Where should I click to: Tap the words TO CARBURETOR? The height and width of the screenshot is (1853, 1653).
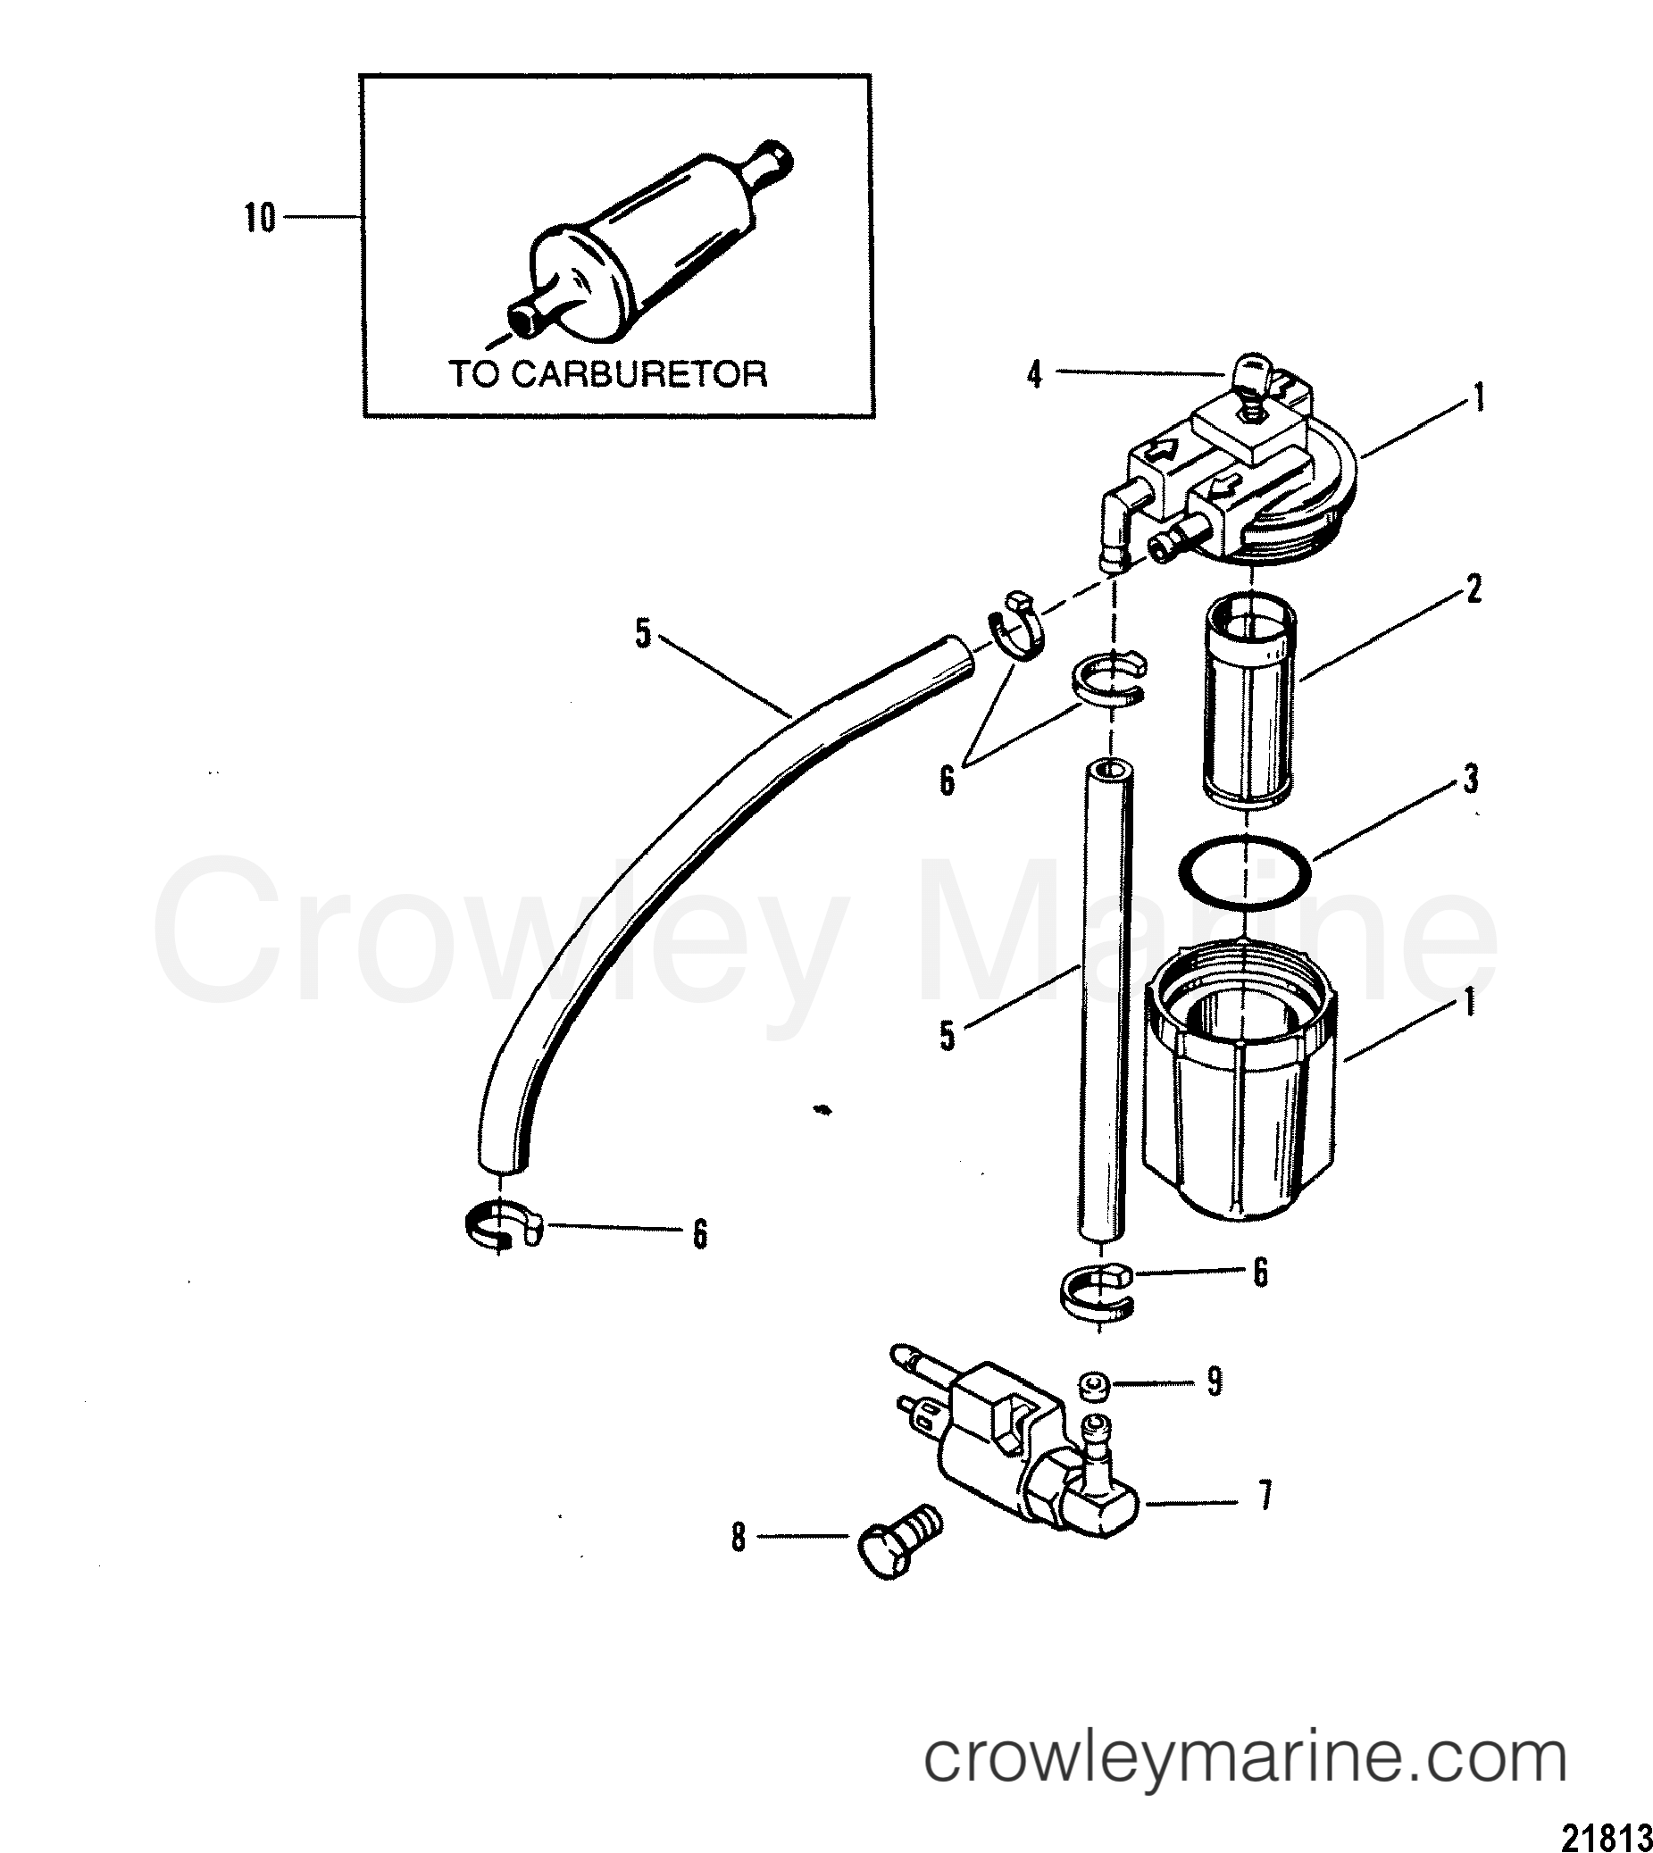[x=608, y=374]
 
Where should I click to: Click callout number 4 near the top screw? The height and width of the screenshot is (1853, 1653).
[x=1034, y=375]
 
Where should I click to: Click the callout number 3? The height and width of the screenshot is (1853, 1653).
[x=1471, y=779]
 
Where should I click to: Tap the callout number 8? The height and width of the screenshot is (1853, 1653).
[x=739, y=1537]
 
